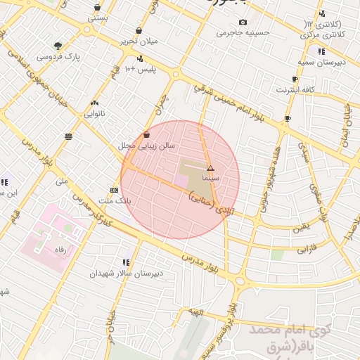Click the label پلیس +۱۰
coord(139,69)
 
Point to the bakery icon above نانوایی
coord(95,103)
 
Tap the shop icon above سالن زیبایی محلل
coord(146,134)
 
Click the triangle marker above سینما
coord(210,168)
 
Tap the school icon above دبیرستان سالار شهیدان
coord(126,262)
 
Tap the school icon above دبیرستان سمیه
coord(321,51)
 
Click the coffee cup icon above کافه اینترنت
coord(295,79)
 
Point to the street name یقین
coord(301,227)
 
